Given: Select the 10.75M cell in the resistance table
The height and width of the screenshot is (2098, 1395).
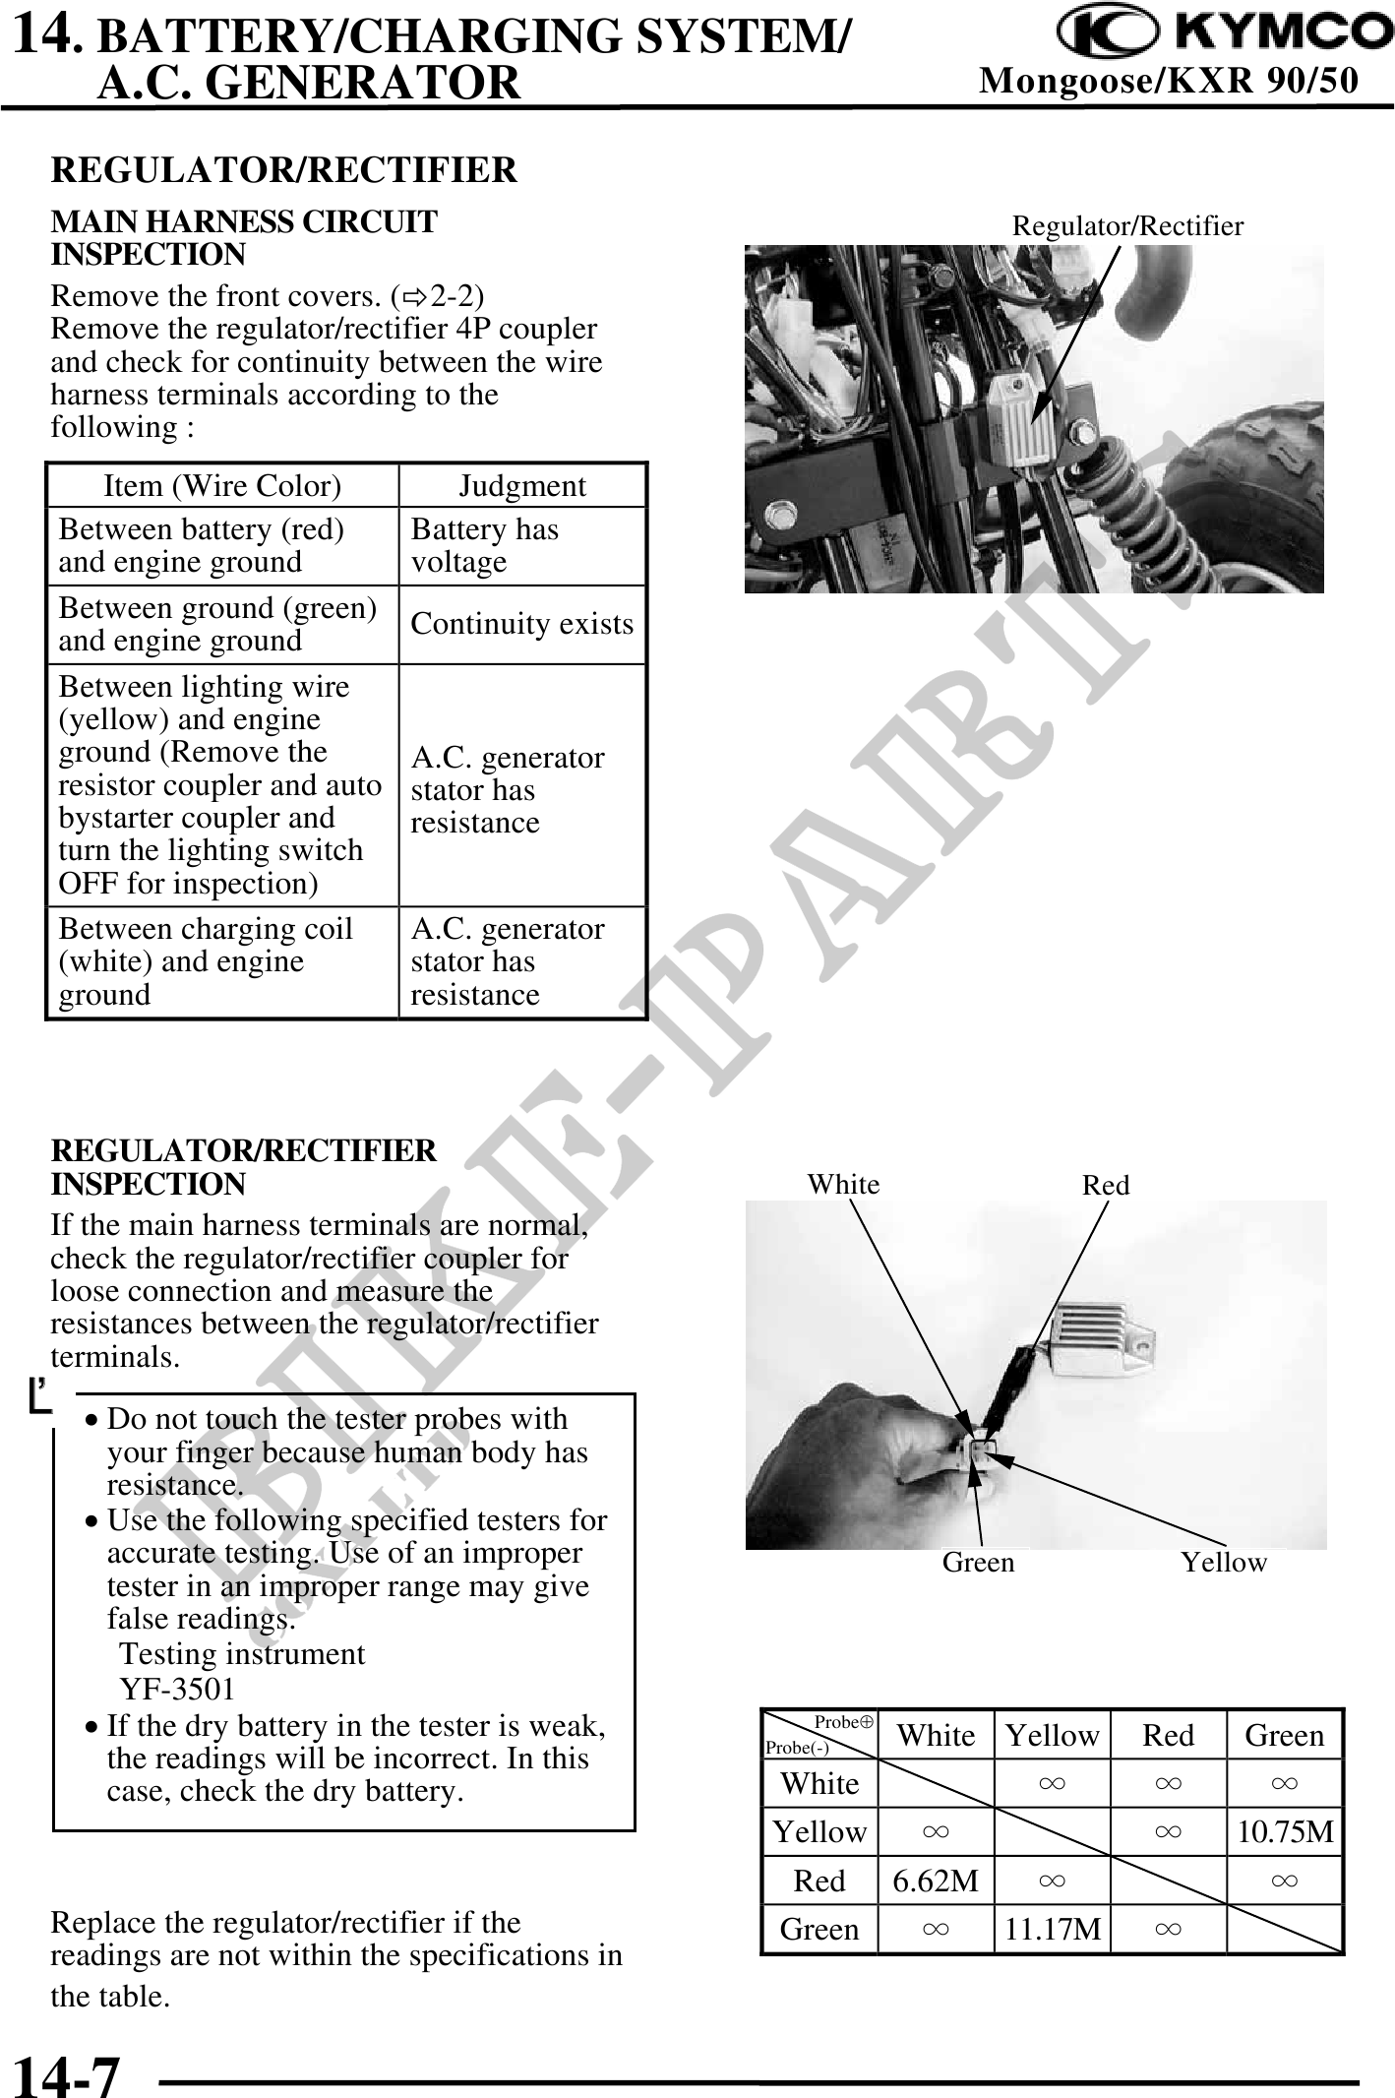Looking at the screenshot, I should tap(1285, 1832).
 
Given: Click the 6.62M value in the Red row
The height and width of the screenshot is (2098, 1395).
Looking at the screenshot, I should tap(936, 1881).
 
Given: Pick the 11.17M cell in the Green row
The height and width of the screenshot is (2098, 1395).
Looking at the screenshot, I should tap(1052, 1929).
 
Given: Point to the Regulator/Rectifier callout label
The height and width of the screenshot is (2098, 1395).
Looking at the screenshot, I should tap(1127, 226).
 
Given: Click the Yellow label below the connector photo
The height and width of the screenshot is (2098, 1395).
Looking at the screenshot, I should tap(1224, 1562).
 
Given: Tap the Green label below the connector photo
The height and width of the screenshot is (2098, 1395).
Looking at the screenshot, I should tap(978, 1562).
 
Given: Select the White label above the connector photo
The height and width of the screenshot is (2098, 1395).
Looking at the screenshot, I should tap(843, 1184).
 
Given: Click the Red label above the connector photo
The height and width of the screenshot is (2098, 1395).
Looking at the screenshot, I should tap(1106, 1185).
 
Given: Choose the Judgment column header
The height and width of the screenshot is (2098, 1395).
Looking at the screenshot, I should tap(522, 486).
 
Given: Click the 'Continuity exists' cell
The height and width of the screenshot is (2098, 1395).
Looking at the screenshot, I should tap(522, 624).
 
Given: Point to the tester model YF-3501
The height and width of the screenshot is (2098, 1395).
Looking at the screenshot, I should tap(178, 1689).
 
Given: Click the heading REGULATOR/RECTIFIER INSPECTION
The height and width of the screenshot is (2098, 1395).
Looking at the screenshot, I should tap(244, 1167).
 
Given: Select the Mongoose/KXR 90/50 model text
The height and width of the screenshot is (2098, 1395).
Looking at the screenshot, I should tap(1169, 80).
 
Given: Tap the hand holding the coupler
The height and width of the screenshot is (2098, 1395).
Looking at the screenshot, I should tap(846, 1466).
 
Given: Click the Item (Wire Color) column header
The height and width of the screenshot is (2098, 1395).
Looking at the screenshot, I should tap(222, 486).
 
